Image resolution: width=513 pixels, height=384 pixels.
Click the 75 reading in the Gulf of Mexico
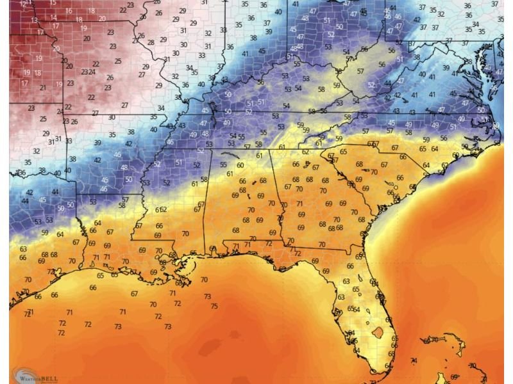[214, 306]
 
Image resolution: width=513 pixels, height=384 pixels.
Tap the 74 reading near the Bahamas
[414, 361]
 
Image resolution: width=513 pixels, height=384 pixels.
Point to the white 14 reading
[53, 18]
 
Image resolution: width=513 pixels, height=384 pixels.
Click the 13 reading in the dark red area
[34, 20]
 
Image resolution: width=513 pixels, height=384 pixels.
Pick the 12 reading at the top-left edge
[24, 4]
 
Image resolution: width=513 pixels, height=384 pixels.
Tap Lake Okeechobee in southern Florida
[378, 333]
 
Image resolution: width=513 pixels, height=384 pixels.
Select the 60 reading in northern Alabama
[240, 165]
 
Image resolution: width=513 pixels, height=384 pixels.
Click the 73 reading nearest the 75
[207, 297]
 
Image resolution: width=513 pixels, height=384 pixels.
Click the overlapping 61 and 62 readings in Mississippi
[161, 210]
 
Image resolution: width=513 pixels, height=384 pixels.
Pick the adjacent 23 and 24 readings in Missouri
[88, 72]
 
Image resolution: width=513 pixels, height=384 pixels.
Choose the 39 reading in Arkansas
[97, 143]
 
